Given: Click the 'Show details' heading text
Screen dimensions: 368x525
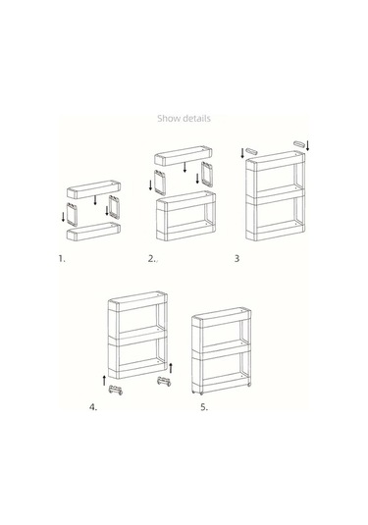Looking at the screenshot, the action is [184, 118].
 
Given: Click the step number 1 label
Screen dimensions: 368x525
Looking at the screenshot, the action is [62, 258].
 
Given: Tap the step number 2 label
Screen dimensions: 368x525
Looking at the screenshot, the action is [151, 258].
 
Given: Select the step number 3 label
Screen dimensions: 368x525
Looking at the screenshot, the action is [237, 258].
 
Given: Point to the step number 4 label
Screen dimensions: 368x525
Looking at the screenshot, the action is [93, 407].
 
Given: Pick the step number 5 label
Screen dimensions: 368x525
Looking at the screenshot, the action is [204, 407].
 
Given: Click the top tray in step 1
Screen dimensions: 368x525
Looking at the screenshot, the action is [94, 189].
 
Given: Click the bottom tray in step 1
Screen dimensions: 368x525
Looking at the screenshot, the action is [94, 231].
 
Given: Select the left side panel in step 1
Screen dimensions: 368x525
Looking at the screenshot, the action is [72, 214].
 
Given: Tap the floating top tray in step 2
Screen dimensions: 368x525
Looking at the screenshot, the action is [184, 156].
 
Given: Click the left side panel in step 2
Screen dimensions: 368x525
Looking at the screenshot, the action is [159, 183].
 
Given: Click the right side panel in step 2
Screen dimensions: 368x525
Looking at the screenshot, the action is [207, 174].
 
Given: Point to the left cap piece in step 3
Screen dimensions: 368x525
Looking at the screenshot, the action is [251, 151].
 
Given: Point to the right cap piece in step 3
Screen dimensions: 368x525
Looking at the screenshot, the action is [299, 143].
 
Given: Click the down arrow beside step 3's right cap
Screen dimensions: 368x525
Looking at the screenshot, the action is [307, 145].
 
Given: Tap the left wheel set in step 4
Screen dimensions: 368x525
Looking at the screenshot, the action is [116, 390].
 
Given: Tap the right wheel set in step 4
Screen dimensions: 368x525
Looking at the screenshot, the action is [164, 382].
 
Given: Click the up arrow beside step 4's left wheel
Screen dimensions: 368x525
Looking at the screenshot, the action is [104, 381].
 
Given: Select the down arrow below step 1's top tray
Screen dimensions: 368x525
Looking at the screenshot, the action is [95, 200].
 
